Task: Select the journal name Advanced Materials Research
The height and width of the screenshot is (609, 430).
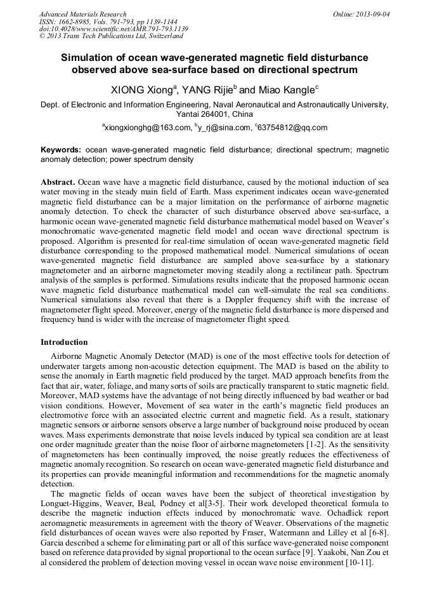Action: (83, 14)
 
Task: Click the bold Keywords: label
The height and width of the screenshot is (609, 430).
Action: (60, 150)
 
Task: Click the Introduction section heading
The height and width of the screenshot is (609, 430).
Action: (64, 342)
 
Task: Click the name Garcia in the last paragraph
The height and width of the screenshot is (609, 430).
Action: (54, 544)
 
